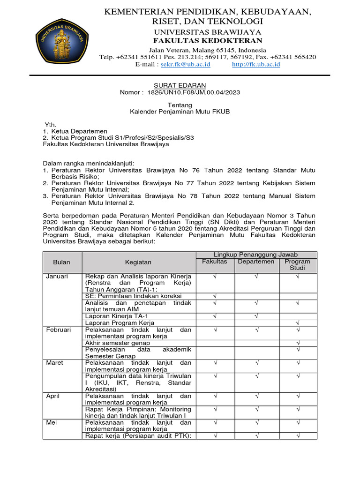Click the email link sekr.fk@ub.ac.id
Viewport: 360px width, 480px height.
coord(185,64)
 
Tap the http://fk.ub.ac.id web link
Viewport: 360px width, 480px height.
coord(256,64)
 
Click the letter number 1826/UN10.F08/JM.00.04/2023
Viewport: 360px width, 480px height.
coord(193,92)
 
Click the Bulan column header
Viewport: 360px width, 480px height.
coord(62,262)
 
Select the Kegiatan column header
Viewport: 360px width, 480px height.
coord(138,262)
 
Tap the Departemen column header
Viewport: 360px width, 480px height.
coord(255,262)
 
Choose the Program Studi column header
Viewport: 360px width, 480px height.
coord(298,265)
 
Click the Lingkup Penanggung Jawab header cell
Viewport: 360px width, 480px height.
coord(255,255)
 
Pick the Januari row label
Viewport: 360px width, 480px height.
coord(57,277)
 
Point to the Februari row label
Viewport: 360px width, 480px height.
coord(59,330)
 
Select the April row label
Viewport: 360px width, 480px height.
coord(53,396)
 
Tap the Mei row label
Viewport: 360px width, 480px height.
coord(52,422)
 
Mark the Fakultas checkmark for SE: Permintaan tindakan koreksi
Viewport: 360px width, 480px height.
coord(215,296)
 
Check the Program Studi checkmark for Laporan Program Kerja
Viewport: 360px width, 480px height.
coord(298,323)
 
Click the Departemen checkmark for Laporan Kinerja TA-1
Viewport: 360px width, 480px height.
coord(256,316)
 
